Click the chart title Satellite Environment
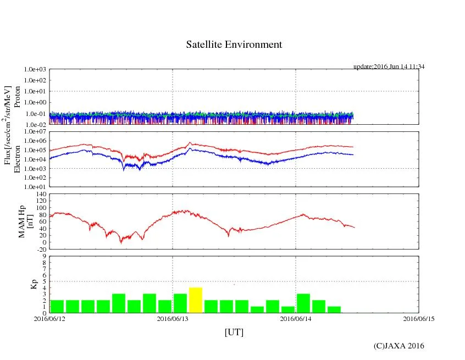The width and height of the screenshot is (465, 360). pos(234,45)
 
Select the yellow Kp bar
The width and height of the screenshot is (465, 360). pos(196,300)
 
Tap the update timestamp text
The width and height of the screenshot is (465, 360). pos(389,67)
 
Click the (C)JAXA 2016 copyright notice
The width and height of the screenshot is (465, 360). pos(398,346)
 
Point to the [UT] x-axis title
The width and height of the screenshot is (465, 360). pos(234,332)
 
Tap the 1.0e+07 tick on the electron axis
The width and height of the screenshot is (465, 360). pos(35,132)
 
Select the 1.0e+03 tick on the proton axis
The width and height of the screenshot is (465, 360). pos(35,70)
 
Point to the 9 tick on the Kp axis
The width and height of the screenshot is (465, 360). pos(44,256)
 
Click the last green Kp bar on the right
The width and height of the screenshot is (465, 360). pos(334,309)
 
